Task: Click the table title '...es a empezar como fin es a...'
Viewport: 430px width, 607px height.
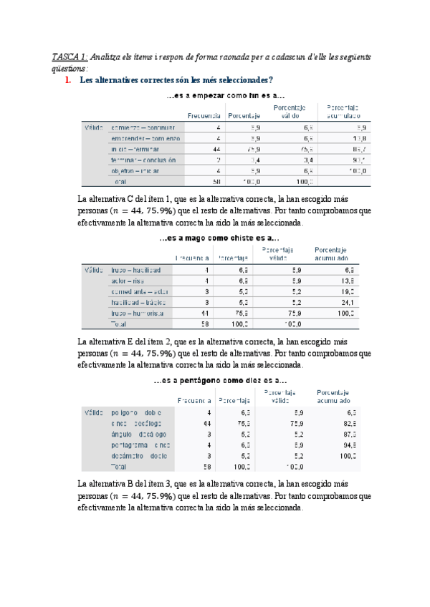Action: [225, 96]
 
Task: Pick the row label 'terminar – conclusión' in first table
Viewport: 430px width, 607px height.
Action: [143, 160]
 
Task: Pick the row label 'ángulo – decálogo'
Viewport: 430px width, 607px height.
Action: [139, 434]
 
